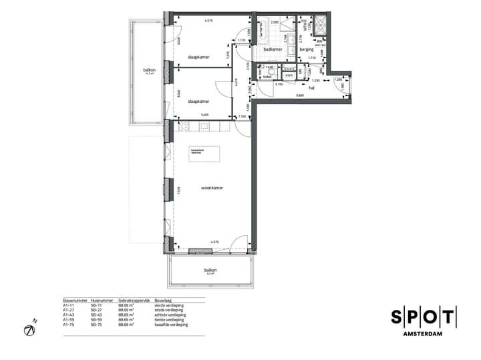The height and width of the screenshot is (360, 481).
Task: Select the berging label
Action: [307, 49]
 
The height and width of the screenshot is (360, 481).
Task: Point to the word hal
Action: [311, 87]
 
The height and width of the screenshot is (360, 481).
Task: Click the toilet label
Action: [268, 77]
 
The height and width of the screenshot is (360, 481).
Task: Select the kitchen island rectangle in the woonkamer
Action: [204, 152]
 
